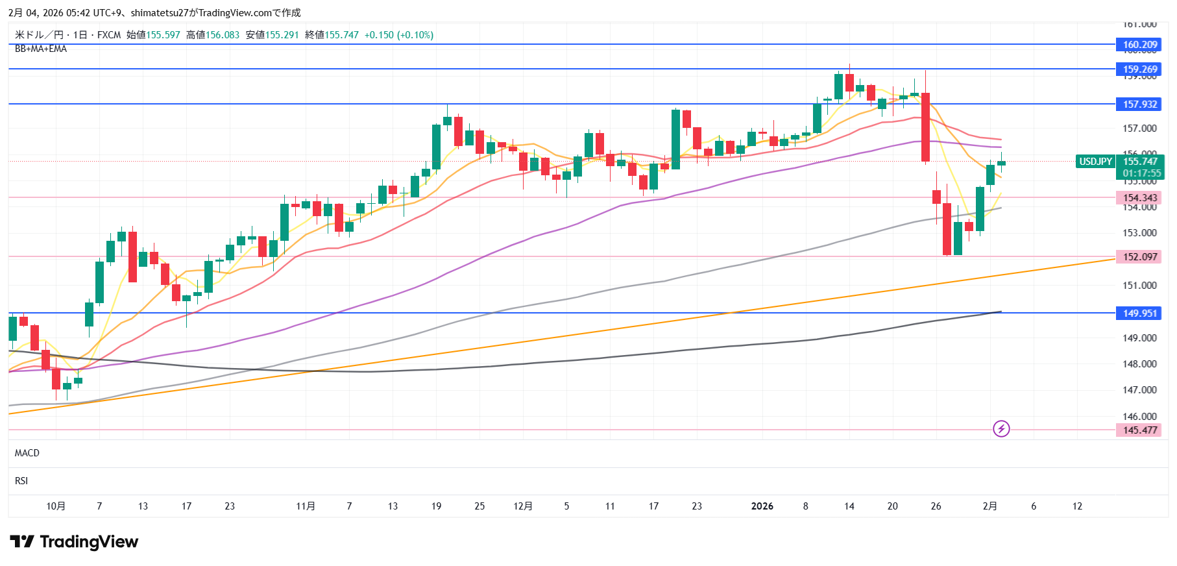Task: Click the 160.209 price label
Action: pyautogui.click(x=1139, y=45)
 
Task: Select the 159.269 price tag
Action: pyautogui.click(x=1139, y=69)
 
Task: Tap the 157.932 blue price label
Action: pyautogui.click(x=1139, y=105)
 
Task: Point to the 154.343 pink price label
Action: pyautogui.click(x=1139, y=198)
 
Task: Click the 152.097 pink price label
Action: pyautogui.click(x=1139, y=257)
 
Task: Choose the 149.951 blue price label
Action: pyautogui.click(x=1139, y=314)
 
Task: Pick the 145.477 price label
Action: pyautogui.click(x=1139, y=430)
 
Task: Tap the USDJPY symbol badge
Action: pyautogui.click(x=1095, y=162)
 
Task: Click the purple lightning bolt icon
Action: pyautogui.click(x=1001, y=429)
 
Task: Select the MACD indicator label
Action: pyautogui.click(x=27, y=453)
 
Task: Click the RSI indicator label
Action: pyautogui.click(x=21, y=481)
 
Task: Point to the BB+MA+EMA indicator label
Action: pyautogui.click(x=41, y=49)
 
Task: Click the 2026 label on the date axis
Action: pyautogui.click(x=762, y=506)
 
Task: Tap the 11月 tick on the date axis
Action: pyautogui.click(x=306, y=506)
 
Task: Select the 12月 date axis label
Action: pyautogui.click(x=523, y=506)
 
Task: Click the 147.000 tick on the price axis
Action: pyautogui.click(x=1139, y=390)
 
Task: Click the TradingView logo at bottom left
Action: pyautogui.click(x=74, y=542)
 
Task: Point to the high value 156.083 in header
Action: pyautogui.click(x=223, y=35)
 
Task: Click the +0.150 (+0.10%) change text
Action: pyautogui.click(x=398, y=35)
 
